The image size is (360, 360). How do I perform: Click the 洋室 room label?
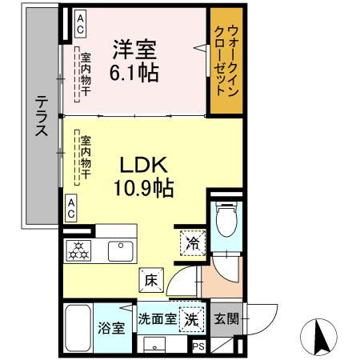pyautogui.click(x=135, y=49)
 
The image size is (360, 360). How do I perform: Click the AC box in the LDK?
pyautogui.click(x=71, y=210)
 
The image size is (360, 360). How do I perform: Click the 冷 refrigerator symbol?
pyautogui.click(x=194, y=240)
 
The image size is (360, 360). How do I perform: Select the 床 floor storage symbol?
pyautogui.click(x=151, y=281)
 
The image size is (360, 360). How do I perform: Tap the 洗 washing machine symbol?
pyautogui.click(x=191, y=318)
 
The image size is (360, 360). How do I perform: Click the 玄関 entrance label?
pyautogui.click(x=225, y=318)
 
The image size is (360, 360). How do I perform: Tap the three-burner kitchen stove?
pyautogui.click(x=80, y=250)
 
